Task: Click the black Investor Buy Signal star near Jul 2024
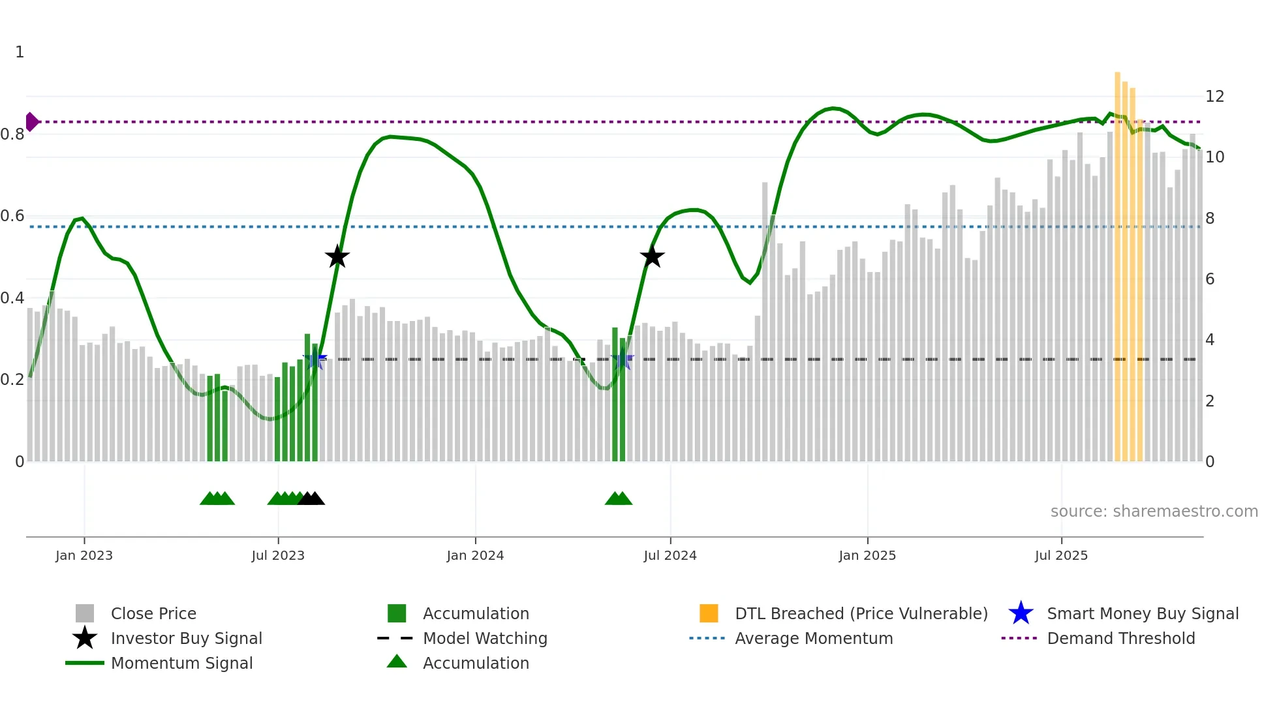pyautogui.click(x=652, y=257)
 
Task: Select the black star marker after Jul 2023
pyautogui.click(x=337, y=257)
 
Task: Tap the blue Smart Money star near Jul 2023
pyautogui.click(x=315, y=359)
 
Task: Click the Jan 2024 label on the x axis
pyautogui.click(x=475, y=555)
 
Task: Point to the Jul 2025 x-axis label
pyautogui.click(x=1061, y=555)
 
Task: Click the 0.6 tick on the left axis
pyautogui.click(x=12, y=216)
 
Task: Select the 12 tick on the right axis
pyautogui.click(x=1214, y=97)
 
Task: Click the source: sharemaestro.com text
pyautogui.click(x=1154, y=512)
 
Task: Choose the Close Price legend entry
pyautogui.click(x=153, y=613)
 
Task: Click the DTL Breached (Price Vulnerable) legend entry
pyautogui.click(x=861, y=613)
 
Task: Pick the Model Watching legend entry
pyautogui.click(x=484, y=638)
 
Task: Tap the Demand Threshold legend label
pyautogui.click(x=1120, y=638)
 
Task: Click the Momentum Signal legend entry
pyautogui.click(x=181, y=663)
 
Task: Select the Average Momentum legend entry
pyautogui.click(x=813, y=638)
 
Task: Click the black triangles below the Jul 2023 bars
pyautogui.click(x=311, y=498)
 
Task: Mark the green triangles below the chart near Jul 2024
pyautogui.click(x=619, y=498)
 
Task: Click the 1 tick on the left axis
pyautogui.click(x=20, y=52)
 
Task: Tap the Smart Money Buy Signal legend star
pyautogui.click(x=1021, y=613)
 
